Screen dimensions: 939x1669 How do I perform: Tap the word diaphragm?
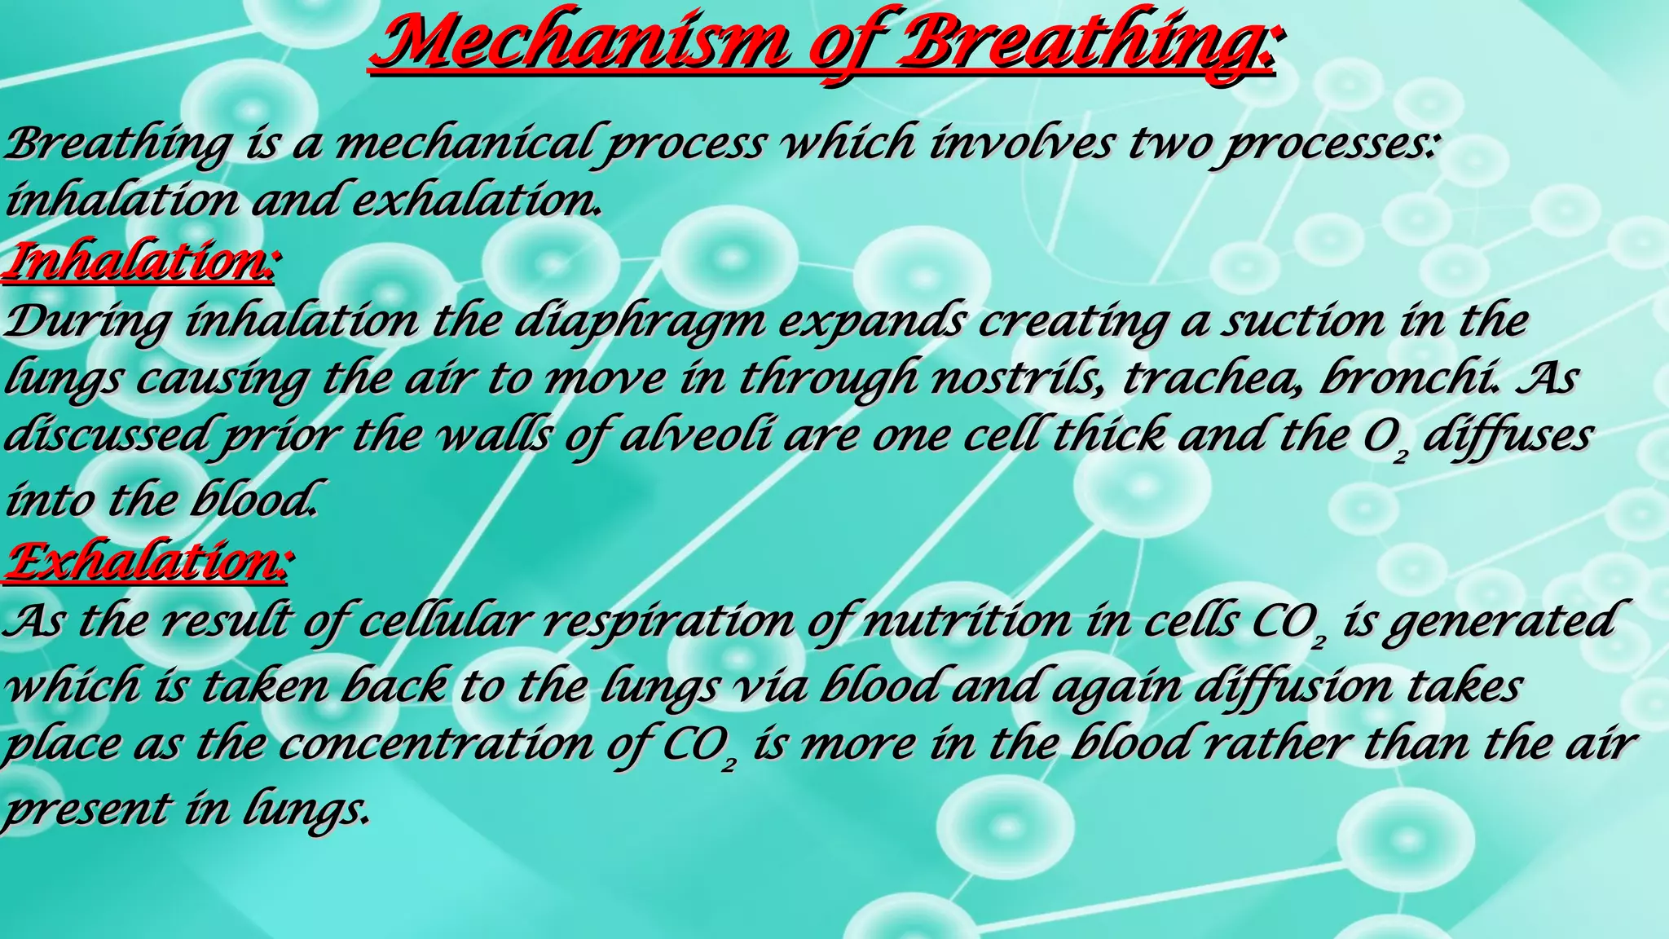pos(640,321)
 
